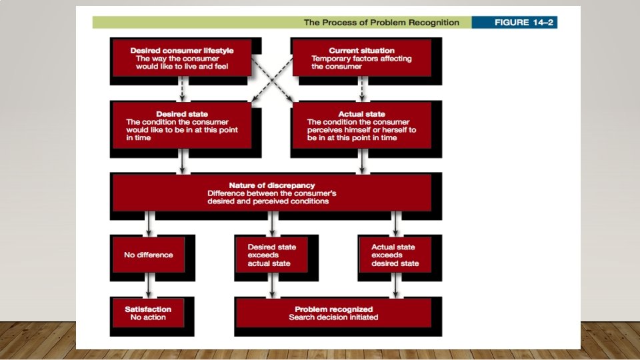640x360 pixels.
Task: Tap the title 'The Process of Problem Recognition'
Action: (381, 22)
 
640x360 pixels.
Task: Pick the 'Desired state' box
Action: (181, 125)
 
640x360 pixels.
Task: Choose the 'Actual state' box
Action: (361, 125)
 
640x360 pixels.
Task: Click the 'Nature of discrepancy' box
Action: (271, 193)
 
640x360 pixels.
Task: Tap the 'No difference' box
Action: (148, 254)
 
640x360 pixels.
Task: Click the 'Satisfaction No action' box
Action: (148, 313)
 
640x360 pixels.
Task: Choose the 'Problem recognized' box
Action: (333, 313)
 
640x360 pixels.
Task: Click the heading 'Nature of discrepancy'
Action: (271, 185)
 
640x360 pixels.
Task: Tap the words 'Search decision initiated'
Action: (333, 317)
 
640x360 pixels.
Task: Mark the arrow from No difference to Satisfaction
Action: (148, 285)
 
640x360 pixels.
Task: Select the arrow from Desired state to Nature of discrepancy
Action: (181, 161)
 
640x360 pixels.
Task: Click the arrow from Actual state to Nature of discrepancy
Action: (361, 161)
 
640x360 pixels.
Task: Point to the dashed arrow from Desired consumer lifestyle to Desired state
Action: (181, 88)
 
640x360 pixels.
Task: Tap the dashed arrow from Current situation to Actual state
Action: (361, 88)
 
